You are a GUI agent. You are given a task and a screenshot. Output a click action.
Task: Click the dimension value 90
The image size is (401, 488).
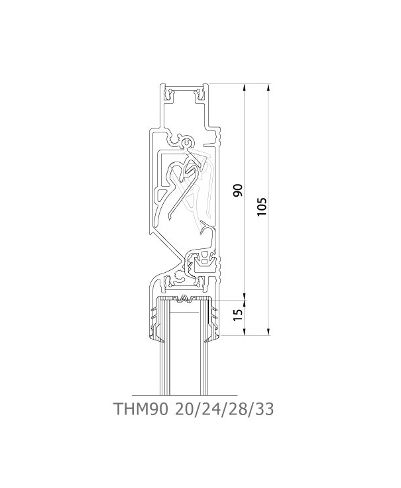(238, 190)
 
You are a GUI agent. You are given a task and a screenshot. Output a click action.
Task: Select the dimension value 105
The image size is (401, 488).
(262, 207)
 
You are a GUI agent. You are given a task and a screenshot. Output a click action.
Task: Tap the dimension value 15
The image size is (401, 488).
(239, 315)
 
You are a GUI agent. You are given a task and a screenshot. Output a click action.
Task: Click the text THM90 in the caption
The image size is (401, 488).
(141, 409)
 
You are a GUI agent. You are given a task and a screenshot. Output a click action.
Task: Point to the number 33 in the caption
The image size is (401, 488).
(264, 409)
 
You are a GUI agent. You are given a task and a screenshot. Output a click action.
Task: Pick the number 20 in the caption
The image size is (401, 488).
(184, 409)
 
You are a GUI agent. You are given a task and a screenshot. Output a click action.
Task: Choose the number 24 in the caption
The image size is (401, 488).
(211, 409)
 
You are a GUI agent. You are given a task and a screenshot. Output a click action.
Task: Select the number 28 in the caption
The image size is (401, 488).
(238, 409)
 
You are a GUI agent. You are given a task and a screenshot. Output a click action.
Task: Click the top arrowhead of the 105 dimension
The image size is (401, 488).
(268, 87)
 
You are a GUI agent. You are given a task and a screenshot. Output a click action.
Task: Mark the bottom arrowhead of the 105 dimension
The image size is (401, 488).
(268, 332)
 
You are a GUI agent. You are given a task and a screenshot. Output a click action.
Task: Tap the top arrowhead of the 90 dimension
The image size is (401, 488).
(245, 87)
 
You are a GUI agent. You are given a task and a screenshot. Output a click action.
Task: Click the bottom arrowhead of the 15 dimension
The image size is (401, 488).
(245, 332)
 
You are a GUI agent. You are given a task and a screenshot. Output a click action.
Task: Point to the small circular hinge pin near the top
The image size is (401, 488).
(187, 143)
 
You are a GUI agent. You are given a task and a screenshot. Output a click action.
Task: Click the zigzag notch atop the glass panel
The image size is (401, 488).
(185, 299)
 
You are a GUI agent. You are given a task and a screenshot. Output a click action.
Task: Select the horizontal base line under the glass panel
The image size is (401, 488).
(184, 395)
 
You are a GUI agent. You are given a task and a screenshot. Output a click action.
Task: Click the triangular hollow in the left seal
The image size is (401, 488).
(162, 196)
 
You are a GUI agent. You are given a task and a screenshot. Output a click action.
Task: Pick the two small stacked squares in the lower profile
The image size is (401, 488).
(204, 259)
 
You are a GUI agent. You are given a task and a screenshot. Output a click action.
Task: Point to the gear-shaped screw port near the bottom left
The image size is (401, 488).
(180, 275)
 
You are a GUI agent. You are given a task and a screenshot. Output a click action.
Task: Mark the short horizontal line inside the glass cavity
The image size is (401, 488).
(184, 311)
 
